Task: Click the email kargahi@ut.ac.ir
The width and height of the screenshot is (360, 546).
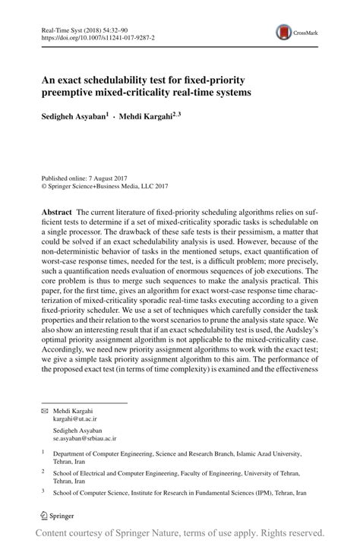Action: pos(74,418)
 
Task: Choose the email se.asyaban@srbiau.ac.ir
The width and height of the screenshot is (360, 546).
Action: pos(86,439)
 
